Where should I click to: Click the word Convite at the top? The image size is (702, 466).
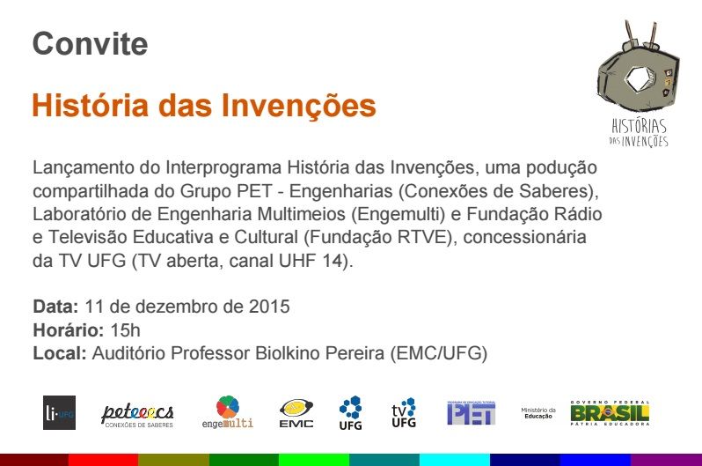pos(90,43)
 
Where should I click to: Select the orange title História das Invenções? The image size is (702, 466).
pos(204,106)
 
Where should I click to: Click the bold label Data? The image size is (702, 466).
pos(56,307)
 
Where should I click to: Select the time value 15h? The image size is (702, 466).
pos(125,330)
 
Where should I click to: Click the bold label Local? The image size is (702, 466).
pos(60,353)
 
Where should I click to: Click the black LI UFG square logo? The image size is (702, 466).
pos(60,411)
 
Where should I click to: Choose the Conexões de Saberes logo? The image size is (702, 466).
pos(137,414)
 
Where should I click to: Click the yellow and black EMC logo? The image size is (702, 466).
pos(296,411)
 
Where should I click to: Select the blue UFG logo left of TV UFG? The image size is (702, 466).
pos(350,411)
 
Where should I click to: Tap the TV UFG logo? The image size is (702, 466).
pos(404,411)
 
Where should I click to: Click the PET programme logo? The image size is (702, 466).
pos(471,411)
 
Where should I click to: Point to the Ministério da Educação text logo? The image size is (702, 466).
pos(537,412)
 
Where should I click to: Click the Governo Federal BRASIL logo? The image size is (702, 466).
pos(609,412)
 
